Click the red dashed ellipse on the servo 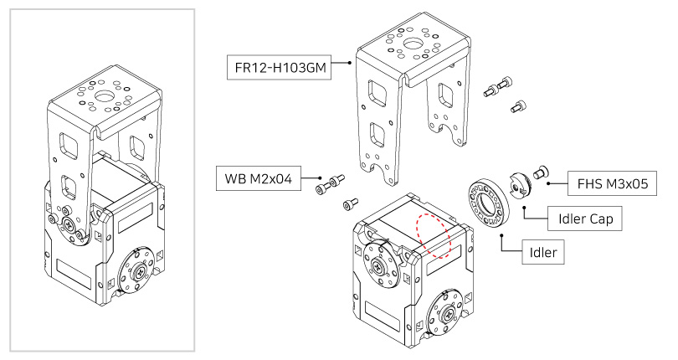[434, 234]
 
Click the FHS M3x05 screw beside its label [540, 172]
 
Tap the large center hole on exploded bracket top [413, 44]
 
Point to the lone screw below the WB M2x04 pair [349, 203]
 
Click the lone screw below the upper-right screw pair [517, 107]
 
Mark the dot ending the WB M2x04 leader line [321, 178]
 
